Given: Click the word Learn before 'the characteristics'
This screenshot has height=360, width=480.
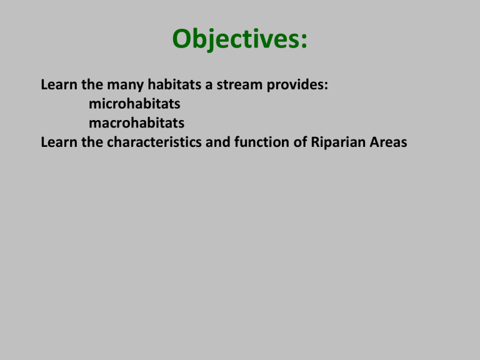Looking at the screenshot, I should click(57, 142).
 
